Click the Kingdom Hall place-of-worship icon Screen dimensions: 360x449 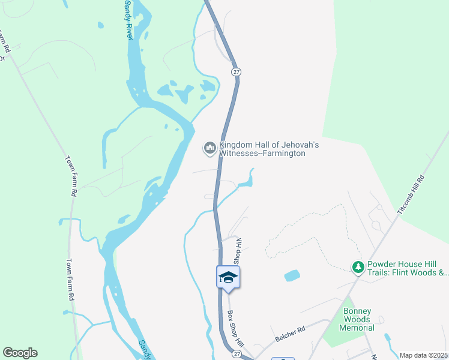pos(209,148)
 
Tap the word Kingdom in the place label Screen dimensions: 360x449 pos(238,145)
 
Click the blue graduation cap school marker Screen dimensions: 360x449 pos(228,277)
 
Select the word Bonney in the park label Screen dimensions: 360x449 pos(357,311)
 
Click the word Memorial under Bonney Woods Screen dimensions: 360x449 pos(357,328)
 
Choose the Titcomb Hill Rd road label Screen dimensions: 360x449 pos(411,196)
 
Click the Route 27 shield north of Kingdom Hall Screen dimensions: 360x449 pos(236,71)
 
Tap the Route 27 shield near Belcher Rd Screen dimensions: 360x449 pos(237,355)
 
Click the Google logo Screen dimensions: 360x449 pos(20,353)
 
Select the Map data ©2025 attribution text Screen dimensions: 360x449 pos(423,355)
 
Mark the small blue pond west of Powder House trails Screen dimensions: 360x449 pos(292,276)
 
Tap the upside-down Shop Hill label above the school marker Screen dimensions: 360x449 pos(237,251)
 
